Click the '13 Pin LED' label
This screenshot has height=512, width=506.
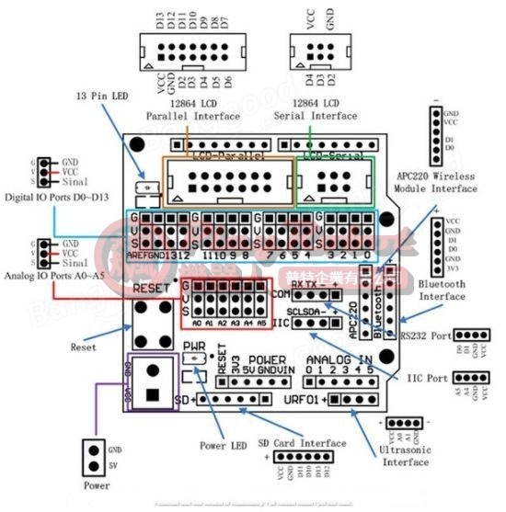tap(104, 96)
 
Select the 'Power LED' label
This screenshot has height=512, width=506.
tap(224, 446)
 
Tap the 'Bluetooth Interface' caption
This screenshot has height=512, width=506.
tap(442, 290)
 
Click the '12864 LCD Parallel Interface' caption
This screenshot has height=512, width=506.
tap(193, 110)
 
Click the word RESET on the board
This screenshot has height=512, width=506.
tap(153, 289)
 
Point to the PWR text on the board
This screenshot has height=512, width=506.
tap(194, 347)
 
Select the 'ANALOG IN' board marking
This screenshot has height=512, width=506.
tap(339, 358)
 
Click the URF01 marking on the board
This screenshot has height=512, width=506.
tap(304, 399)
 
